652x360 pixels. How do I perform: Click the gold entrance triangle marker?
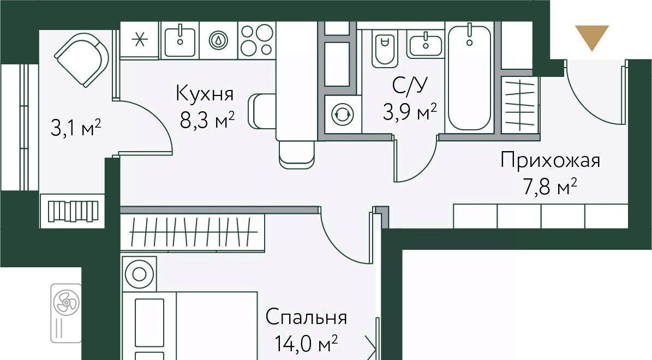tap(591, 35)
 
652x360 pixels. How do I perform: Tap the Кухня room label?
tap(205, 93)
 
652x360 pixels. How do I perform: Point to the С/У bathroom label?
tap(410, 86)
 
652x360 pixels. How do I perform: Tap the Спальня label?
tap(306, 318)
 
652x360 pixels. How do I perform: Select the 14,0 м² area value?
tap(306, 344)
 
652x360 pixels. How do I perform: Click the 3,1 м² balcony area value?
tap(76, 128)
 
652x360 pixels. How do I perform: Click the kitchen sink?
tap(180, 39)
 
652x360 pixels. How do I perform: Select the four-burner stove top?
tap(256, 39)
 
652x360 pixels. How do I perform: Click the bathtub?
tap(469, 77)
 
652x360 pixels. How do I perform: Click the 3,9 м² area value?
tap(410, 112)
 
